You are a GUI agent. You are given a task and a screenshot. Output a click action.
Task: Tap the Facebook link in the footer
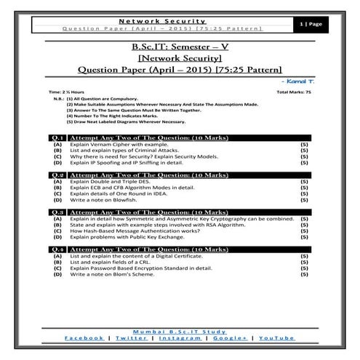pyautogui.click(x=84, y=338)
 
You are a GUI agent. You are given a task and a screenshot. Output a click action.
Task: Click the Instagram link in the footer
pyautogui.click(x=180, y=338)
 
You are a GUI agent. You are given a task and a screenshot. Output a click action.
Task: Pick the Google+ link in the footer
pyautogui.click(x=229, y=338)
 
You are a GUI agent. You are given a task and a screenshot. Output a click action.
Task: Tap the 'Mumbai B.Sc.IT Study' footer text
pyautogui.click(x=180, y=331)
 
